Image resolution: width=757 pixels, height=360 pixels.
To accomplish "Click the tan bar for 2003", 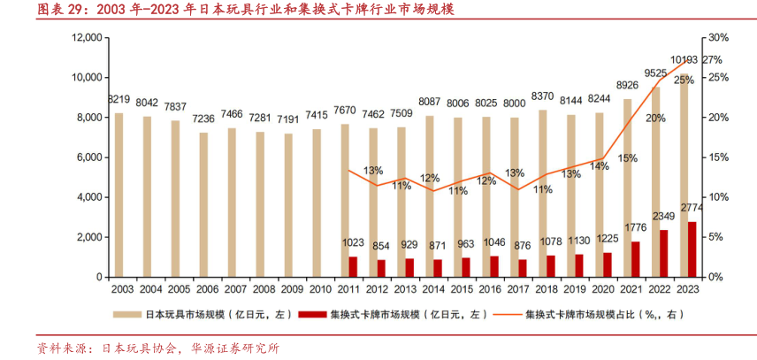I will point(119,195).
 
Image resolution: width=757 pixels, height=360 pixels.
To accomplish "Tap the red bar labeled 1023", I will point(353,266).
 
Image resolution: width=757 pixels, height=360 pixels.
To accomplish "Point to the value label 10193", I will point(683,60).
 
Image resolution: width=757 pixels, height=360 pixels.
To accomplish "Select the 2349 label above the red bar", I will point(664,217).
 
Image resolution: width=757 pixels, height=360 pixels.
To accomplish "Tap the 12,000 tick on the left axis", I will point(88,38).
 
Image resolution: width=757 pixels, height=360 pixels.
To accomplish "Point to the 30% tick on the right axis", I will point(717,38).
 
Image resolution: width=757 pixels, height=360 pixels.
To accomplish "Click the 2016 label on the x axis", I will point(487,289).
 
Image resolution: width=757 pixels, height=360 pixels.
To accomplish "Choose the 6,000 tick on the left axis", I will point(92,157).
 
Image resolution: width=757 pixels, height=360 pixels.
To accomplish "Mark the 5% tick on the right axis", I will point(715,237).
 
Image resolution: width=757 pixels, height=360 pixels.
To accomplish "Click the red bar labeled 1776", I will point(636,259).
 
